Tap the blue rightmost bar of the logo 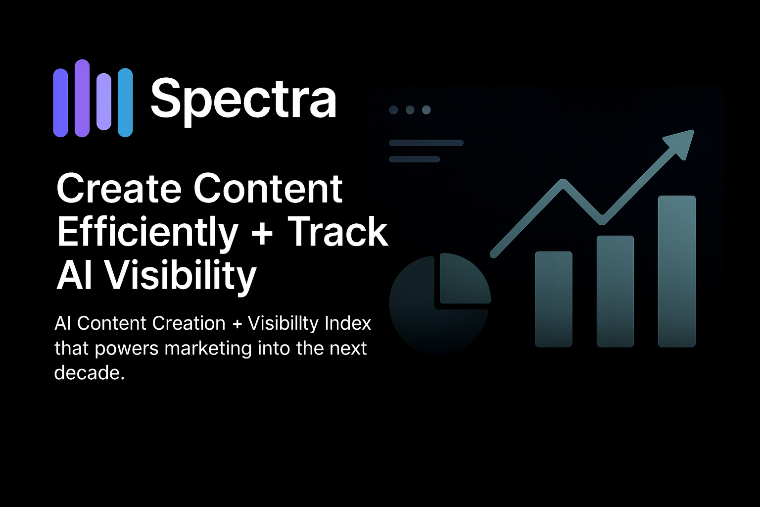125,102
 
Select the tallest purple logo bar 82,98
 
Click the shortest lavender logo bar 104,101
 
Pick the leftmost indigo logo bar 60,102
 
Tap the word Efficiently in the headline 147,232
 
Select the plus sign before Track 262,232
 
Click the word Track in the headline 338,232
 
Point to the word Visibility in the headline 180,275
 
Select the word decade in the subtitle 87,372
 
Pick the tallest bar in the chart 676,271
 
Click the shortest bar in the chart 554,299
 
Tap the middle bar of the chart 615,291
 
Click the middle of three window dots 410,110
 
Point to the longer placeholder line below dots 426,143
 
